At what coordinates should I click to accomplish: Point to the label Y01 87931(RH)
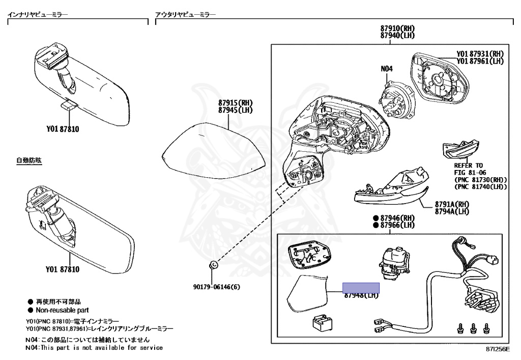coord(479,53)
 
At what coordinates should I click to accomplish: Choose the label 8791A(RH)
coord(451,204)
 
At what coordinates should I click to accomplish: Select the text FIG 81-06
coord(471,173)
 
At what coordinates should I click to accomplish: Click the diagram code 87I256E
coord(497,350)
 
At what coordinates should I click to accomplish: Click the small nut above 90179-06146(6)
coord(214,265)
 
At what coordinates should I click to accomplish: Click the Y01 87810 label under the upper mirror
coord(62,129)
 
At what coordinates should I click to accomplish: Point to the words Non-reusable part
coord(62,310)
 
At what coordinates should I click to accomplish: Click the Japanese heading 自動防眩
coord(28,160)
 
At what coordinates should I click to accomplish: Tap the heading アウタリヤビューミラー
coord(185,15)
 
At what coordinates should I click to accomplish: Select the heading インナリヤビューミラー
coord(37,15)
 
